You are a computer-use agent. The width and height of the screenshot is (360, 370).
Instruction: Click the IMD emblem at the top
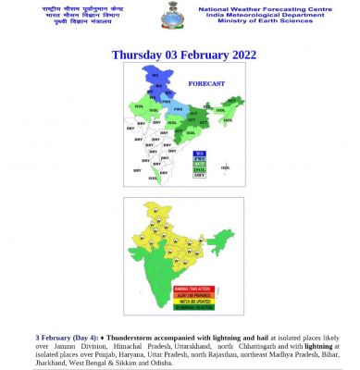pyautogui.click(x=179, y=18)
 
